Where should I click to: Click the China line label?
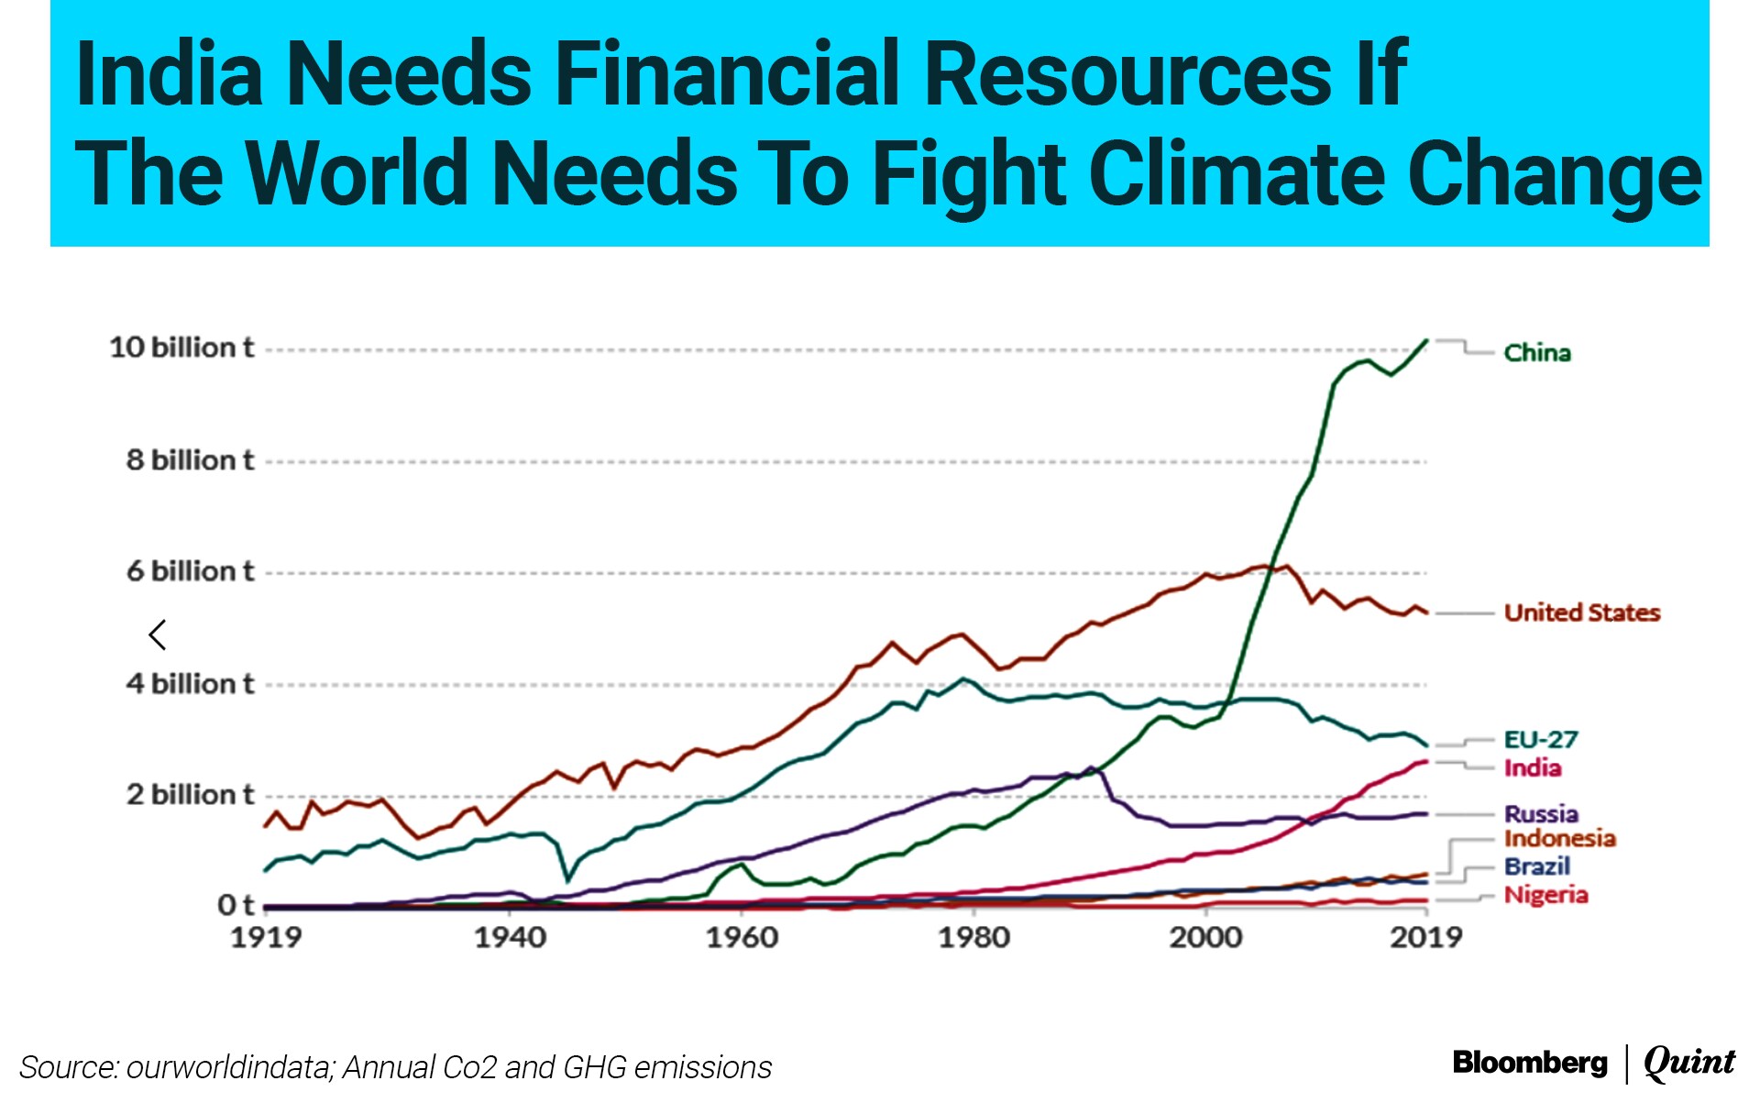(x=1536, y=353)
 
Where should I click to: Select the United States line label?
(x=1581, y=612)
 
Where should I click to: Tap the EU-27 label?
(x=1541, y=739)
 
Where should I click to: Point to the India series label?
(x=1532, y=768)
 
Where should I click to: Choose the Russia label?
(x=1541, y=813)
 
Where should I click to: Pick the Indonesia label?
(x=1559, y=838)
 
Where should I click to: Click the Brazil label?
(x=1536, y=866)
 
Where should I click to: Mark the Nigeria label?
(x=1545, y=895)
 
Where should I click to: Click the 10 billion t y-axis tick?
(x=181, y=347)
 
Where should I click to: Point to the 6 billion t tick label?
(x=190, y=571)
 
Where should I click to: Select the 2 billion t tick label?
(x=190, y=794)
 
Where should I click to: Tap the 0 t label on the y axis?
(x=235, y=905)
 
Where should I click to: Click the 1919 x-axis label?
(x=266, y=937)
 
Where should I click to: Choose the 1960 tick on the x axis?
(x=742, y=937)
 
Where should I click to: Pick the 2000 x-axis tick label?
(x=1205, y=937)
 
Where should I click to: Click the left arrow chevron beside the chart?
(x=158, y=634)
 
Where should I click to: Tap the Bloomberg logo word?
(x=1529, y=1063)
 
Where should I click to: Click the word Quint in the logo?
(x=1688, y=1062)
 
